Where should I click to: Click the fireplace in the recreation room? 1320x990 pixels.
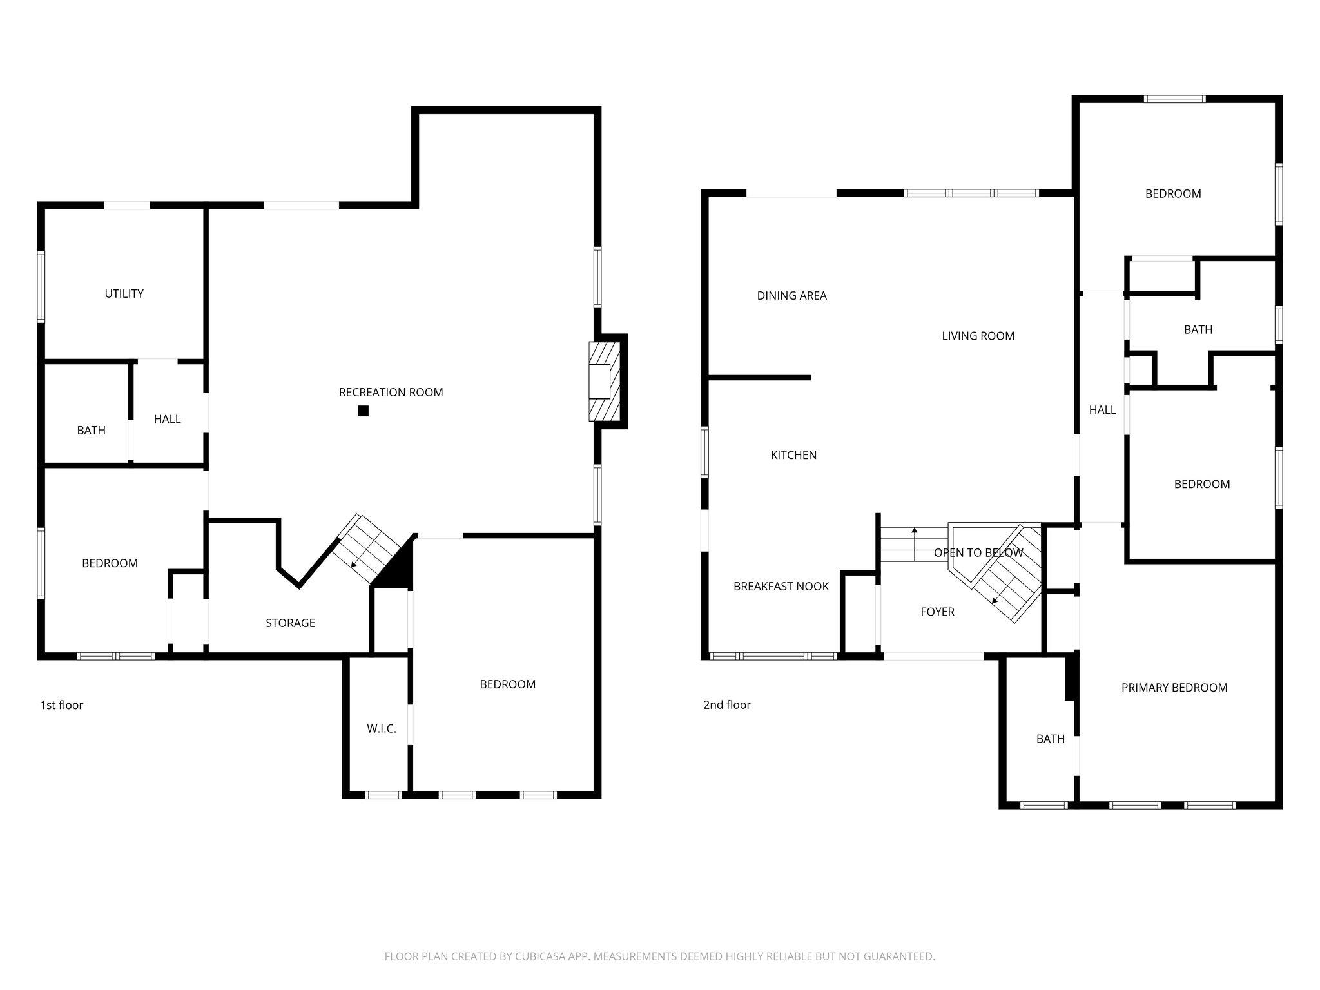[x=604, y=381]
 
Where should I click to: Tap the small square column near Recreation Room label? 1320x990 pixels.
[x=364, y=411]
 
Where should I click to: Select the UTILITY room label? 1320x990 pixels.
[x=124, y=294]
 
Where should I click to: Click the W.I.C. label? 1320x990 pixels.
[x=381, y=729]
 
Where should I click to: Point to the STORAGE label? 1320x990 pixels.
[x=290, y=623]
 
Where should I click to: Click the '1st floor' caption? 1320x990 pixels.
[x=62, y=705]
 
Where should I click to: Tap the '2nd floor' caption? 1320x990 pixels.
[x=726, y=705]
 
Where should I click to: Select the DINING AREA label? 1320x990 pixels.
[x=791, y=296]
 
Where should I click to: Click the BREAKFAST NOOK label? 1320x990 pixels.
[x=781, y=587]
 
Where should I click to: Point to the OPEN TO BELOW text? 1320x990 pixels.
[x=978, y=553]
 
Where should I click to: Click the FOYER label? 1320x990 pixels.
[x=937, y=612]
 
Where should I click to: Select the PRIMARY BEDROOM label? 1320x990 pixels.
[x=1174, y=688]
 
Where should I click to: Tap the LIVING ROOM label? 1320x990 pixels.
[x=978, y=336]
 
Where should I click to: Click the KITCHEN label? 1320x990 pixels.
[x=793, y=455]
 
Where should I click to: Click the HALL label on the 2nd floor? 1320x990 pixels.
[x=1102, y=410]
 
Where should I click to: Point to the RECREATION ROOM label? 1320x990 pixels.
[x=391, y=393]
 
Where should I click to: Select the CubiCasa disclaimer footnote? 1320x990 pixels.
[x=659, y=956]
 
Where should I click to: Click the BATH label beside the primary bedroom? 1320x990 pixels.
[x=1050, y=739]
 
